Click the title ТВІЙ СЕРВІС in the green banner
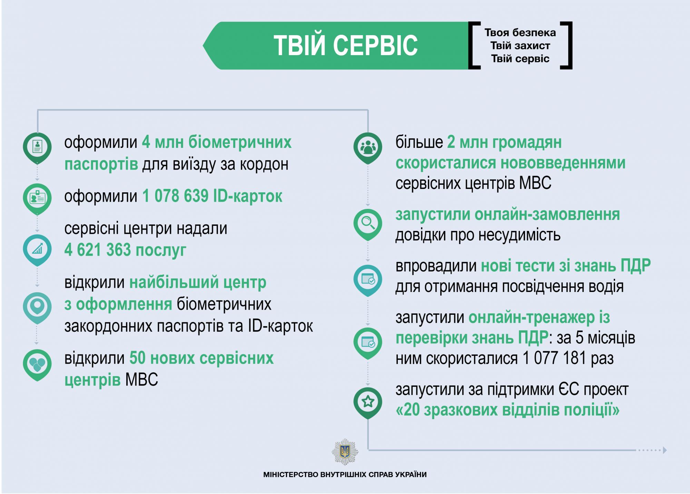pos(346,46)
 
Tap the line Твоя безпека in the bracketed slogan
pos(520,33)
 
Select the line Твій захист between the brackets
pos(520,46)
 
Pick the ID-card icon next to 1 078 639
pos(37,198)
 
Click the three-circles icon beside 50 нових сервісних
pos(37,364)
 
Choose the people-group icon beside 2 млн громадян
pos(368,147)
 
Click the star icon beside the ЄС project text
pos(368,402)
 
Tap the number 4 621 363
pos(98,250)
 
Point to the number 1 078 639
pos(175,196)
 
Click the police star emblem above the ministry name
pos(345,452)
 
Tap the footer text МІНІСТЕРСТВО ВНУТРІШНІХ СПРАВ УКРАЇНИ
pos(345,475)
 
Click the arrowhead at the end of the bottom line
pos(665,450)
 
